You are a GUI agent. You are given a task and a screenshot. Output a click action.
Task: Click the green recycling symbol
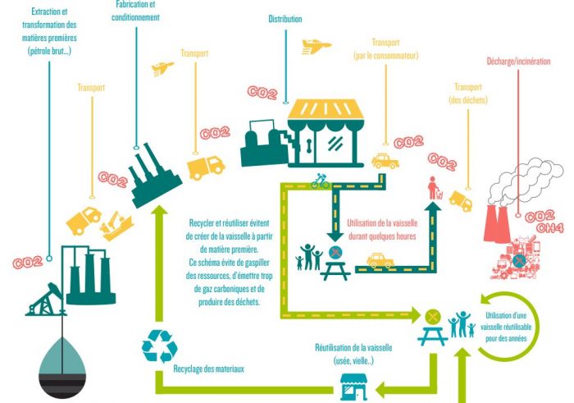159,346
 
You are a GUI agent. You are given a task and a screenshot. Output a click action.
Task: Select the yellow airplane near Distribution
315,46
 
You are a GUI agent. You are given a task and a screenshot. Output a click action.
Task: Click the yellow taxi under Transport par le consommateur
385,160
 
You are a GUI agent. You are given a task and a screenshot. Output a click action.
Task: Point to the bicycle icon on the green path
320,181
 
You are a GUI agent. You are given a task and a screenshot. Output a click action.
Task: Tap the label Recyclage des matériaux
208,369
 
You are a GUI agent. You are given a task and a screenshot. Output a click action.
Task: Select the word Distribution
285,19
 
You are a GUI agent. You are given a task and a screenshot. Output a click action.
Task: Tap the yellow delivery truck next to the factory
206,166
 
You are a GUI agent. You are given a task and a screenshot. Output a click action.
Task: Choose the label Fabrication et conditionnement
136,10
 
